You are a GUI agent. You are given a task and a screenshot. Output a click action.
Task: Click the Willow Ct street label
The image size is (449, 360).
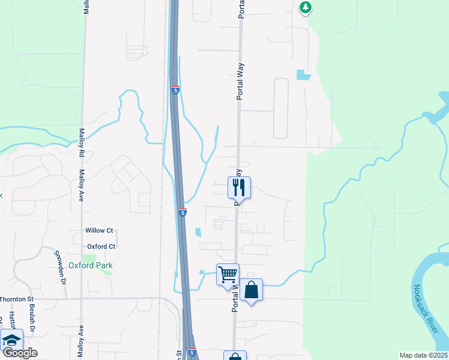pyautogui.click(x=100, y=230)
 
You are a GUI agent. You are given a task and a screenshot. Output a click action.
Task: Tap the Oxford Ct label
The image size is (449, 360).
pyautogui.click(x=101, y=247)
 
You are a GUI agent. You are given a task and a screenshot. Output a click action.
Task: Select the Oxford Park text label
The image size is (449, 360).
pyautogui.click(x=91, y=265)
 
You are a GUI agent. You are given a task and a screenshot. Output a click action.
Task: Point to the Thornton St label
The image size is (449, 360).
pyautogui.click(x=19, y=299)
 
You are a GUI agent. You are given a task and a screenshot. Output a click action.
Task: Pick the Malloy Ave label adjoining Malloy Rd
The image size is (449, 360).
pyautogui.click(x=80, y=181)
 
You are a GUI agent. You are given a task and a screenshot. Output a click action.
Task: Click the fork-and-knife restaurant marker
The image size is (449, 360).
pyautogui.click(x=239, y=188)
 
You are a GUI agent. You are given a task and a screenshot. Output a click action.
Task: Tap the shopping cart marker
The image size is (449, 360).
pyautogui.click(x=228, y=275)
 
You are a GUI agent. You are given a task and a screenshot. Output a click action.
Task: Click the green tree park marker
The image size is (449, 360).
pyautogui.click(x=306, y=7)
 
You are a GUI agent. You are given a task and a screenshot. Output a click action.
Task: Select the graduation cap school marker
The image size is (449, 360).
pyautogui.click(x=12, y=340)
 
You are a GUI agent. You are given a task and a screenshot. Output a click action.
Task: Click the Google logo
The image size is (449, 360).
pyautogui.click(x=20, y=353)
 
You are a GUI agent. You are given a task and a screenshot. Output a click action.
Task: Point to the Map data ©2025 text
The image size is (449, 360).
pyautogui.click(x=423, y=355)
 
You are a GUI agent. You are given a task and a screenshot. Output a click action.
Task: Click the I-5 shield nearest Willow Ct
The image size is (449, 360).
pyautogui.click(x=182, y=212)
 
